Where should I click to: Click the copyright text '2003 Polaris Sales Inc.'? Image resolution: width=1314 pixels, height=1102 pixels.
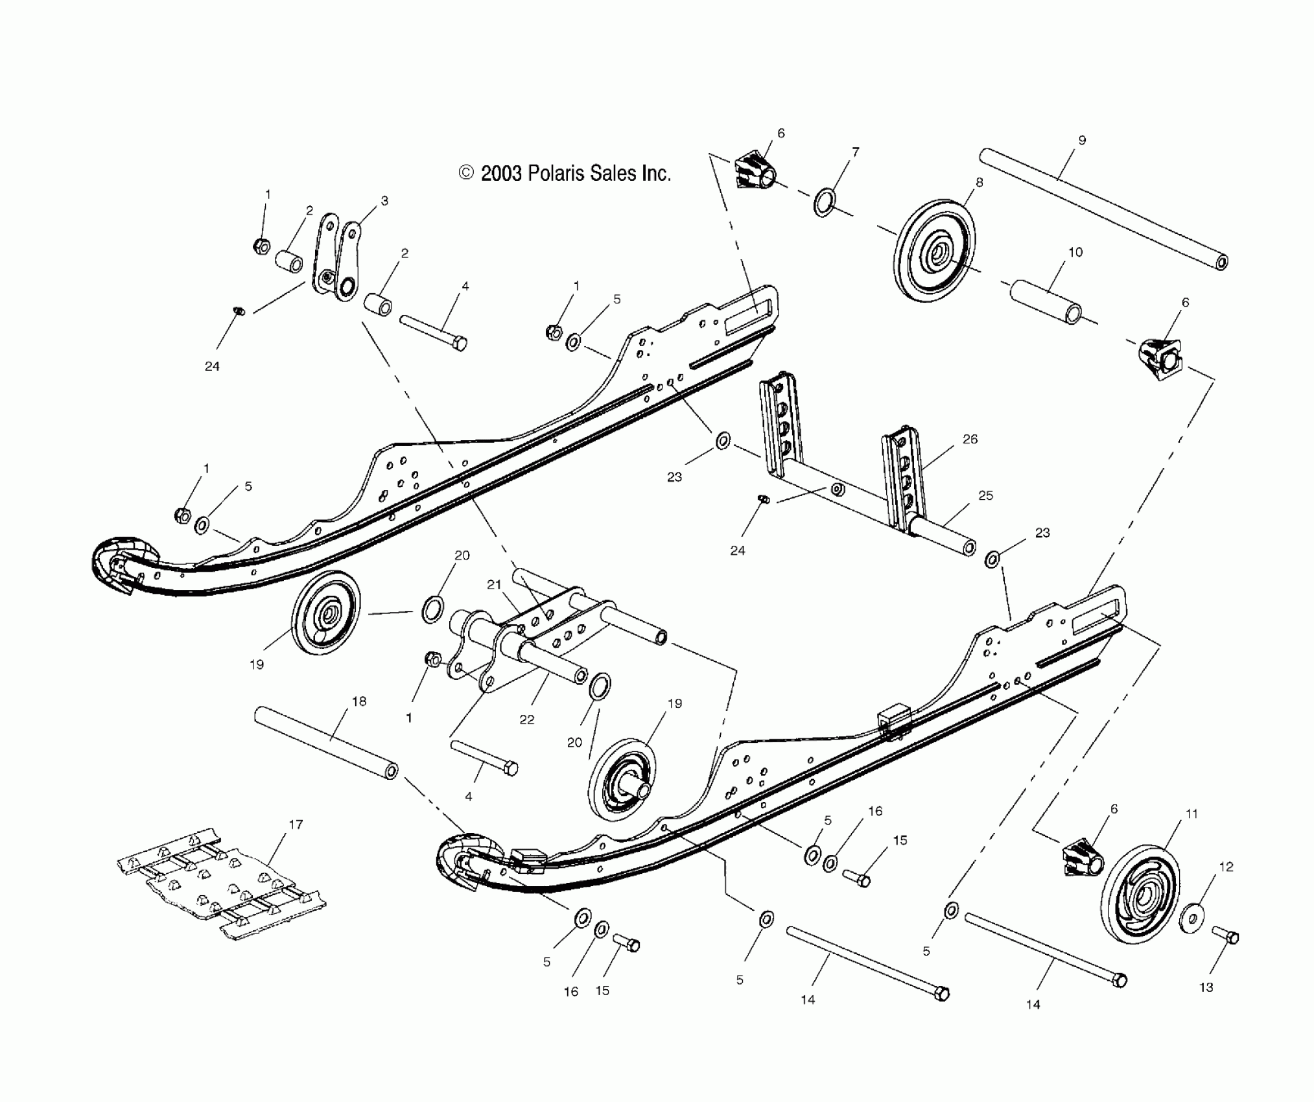click(565, 173)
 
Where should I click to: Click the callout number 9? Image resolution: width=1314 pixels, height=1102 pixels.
click(1082, 140)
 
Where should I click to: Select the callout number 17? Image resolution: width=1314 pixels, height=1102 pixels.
click(296, 825)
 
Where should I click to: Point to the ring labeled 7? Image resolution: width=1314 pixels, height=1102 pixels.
click(824, 202)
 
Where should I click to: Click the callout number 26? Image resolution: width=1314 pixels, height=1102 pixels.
click(970, 439)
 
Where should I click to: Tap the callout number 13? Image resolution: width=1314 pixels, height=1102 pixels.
click(1206, 987)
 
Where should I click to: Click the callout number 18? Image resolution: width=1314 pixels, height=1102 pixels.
click(358, 701)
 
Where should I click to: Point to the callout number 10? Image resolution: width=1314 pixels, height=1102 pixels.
click(1075, 252)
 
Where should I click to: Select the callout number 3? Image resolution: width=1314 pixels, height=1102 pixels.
click(384, 201)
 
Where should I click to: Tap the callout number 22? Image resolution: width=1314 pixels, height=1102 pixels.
click(526, 720)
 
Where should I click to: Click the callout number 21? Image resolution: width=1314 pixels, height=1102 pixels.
click(495, 585)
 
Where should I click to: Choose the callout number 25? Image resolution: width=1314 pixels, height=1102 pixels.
click(985, 495)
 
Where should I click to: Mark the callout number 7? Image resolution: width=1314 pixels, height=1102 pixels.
click(856, 152)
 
